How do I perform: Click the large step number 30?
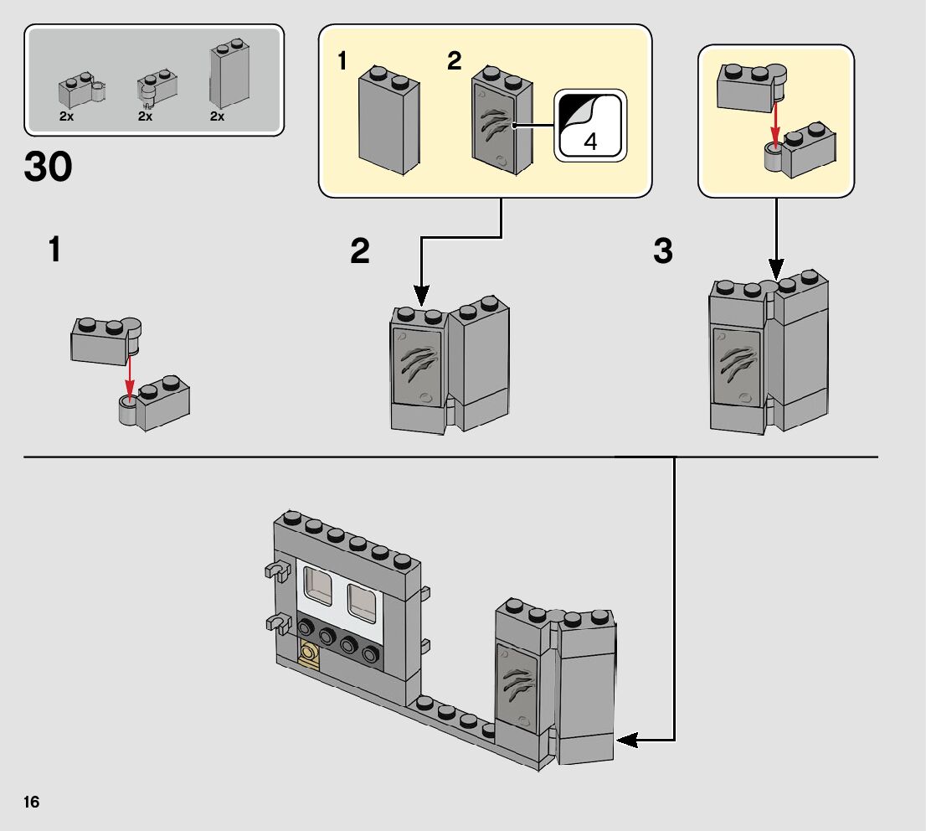click(x=49, y=168)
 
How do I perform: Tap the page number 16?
click(x=32, y=802)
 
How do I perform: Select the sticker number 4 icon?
click(x=589, y=126)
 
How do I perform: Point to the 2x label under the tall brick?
click(x=217, y=117)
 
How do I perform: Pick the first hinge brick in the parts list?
click(x=81, y=88)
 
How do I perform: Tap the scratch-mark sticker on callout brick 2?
click(x=495, y=126)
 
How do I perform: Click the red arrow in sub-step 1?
click(x=130, y=374)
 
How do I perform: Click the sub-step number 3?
click(x=663, y=251)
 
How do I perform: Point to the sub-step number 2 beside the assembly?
click(x=360, y=251)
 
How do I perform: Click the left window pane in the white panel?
click(x=318, y=586)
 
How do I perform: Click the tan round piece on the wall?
click(x=310, y=653)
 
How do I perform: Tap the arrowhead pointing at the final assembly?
click(x=626, y=741)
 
